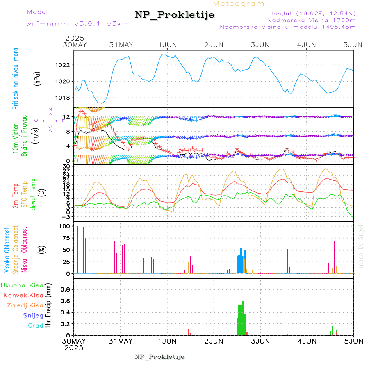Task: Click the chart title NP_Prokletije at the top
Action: tap(175, 15)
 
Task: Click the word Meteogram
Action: tap(239, 4)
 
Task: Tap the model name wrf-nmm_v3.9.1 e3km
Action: tap(78, 23)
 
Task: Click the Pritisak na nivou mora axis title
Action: tap(16, 80)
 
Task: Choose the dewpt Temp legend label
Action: tap(34, 194)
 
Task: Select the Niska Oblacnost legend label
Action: tap(25, 250)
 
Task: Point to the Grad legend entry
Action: tap(36, 326)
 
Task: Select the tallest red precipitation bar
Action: tap(243, 318)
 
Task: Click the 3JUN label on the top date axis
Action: tap(260, 44)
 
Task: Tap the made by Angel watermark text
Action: tap(361, 246)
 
